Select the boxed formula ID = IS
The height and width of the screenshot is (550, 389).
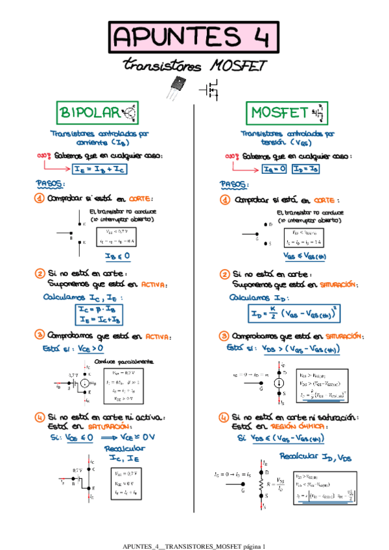[x=304, y=170]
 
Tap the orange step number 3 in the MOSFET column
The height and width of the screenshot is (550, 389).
[x=224, y=337]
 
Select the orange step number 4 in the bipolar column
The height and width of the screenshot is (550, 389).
[x=40, y=416]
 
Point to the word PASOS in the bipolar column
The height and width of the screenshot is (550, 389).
[x=51, y=184]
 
